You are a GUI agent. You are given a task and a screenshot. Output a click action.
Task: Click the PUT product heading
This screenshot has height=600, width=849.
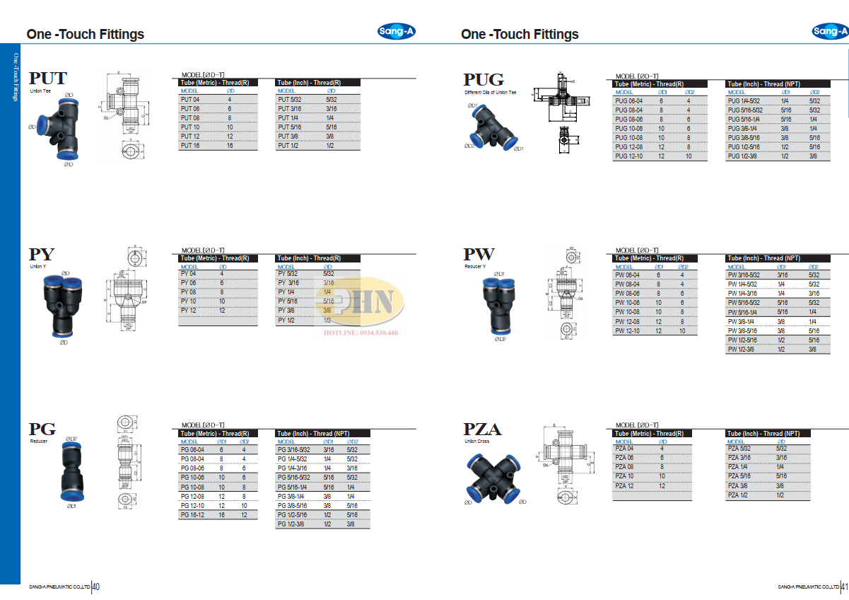tap(48, 79)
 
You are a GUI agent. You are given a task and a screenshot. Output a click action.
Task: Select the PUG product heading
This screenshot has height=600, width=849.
tap(484, 80)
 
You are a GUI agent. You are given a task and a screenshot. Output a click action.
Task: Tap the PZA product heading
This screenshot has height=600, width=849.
tap(482, 429)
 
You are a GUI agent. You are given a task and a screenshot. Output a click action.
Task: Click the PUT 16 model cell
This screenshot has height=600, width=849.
tap(191, 145)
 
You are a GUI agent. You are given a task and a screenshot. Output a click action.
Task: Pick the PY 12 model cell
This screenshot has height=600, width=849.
tap(189, 310)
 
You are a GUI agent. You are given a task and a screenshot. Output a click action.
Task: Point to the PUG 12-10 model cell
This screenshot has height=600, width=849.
tap(627, 156)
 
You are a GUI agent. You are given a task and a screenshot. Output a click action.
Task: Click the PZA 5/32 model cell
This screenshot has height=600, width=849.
tap(739, 448)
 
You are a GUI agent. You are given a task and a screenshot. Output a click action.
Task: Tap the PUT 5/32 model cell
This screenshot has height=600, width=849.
tap(290, 100)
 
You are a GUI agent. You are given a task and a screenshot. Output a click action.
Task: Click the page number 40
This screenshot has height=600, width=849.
tap(96, 587)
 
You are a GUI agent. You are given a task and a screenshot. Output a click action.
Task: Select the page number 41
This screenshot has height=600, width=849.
tap(844, 587)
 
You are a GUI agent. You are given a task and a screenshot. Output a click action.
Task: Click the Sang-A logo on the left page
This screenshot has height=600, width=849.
tap(397, 31)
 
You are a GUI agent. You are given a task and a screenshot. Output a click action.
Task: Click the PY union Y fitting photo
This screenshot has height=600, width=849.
tap(64, 304)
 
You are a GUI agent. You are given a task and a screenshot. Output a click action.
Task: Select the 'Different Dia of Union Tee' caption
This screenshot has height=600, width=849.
tap(490, 92)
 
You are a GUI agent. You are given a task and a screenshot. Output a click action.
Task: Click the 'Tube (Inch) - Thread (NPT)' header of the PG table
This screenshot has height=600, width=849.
tap(313, 433)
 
